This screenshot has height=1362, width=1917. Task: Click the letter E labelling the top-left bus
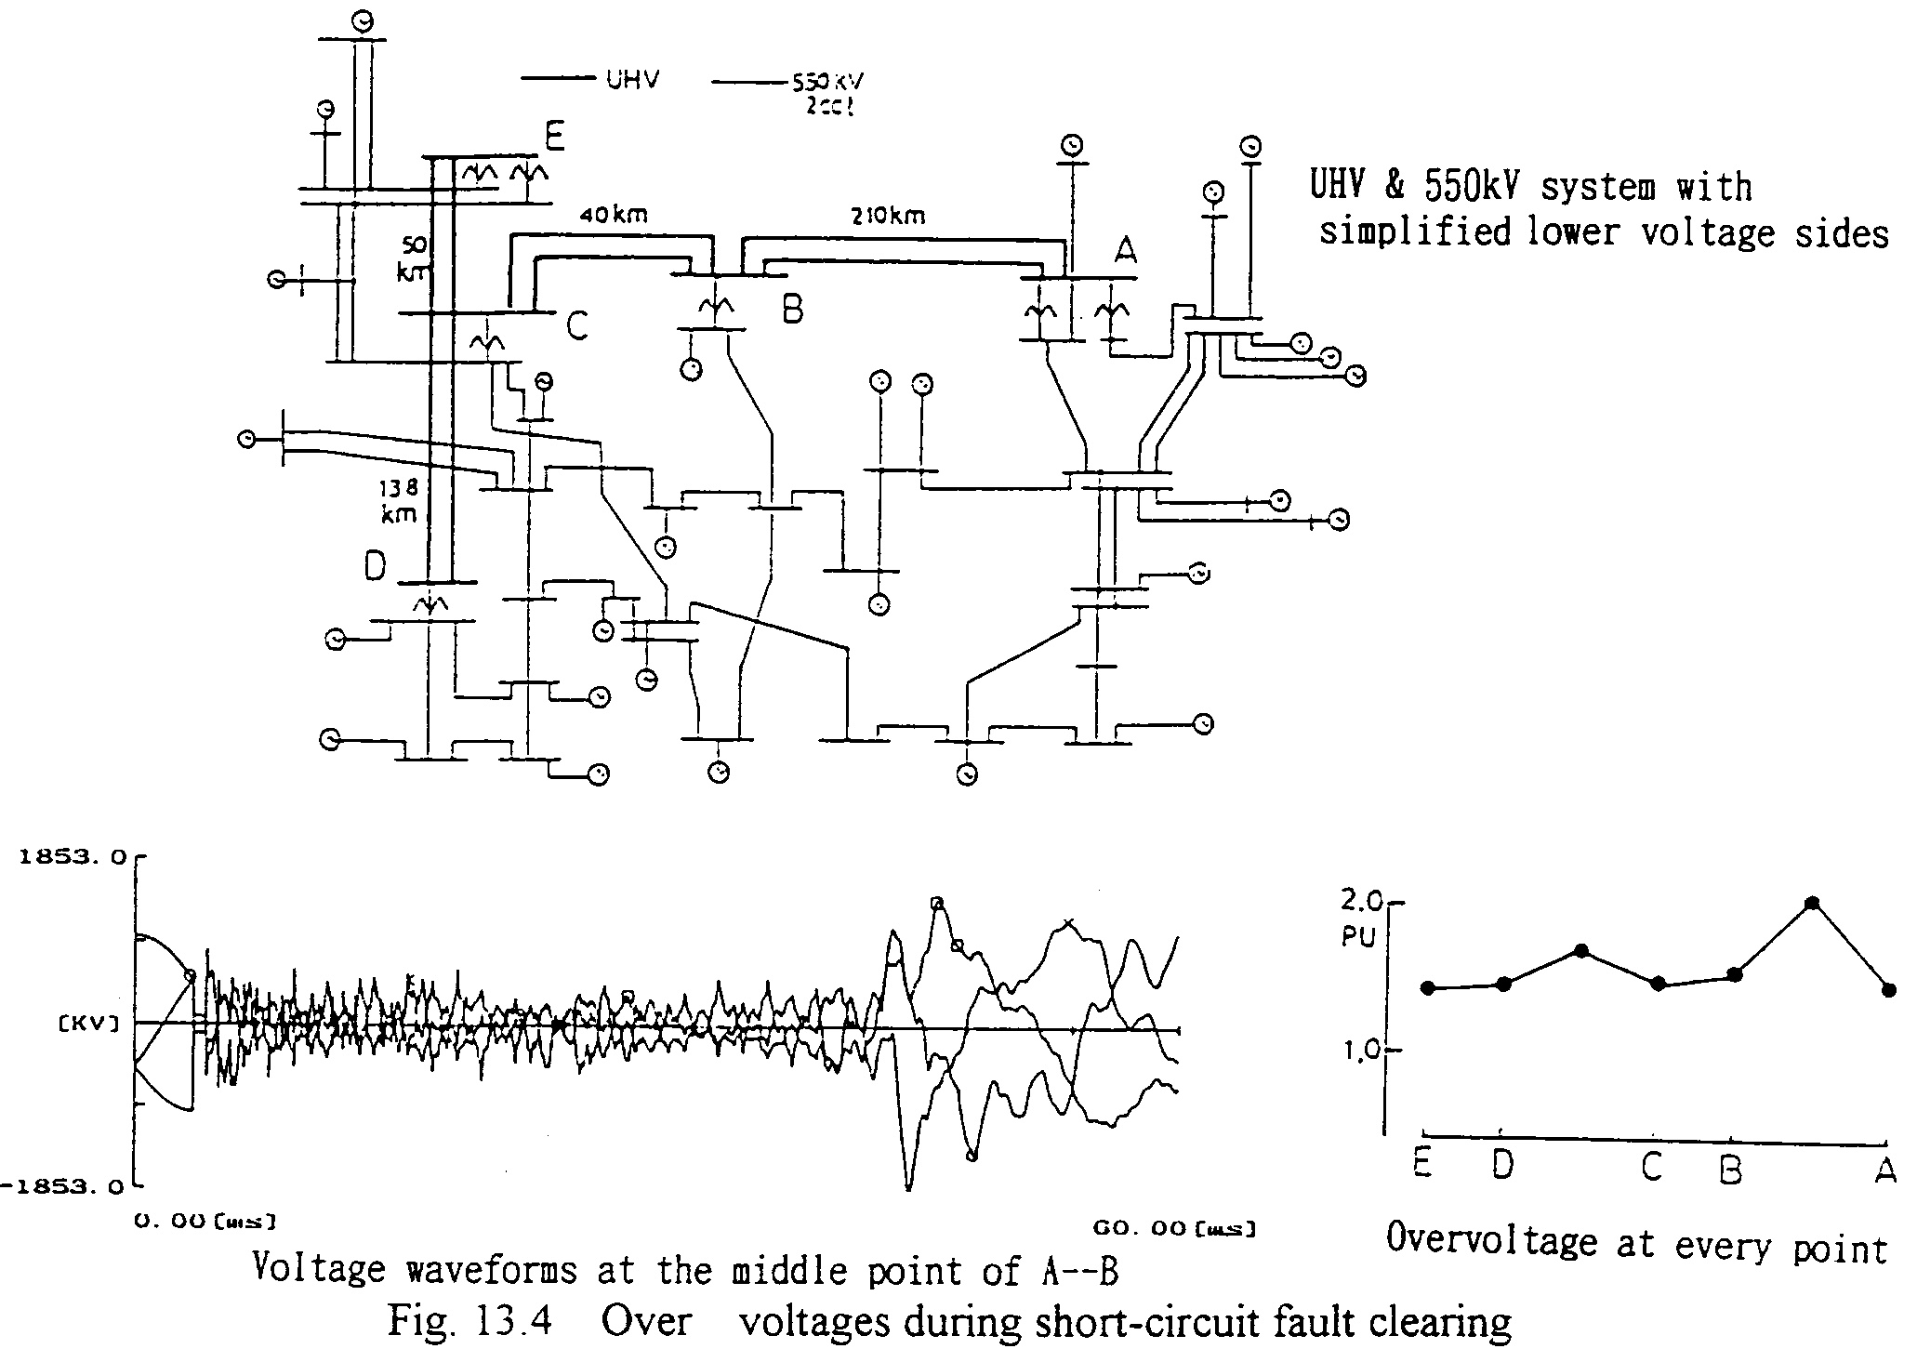[x=554, y=139]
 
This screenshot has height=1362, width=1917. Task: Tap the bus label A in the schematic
[x=1125, y=249]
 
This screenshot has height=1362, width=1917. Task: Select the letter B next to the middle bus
[x=792, y=307]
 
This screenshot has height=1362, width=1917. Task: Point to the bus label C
[x=576, y=325]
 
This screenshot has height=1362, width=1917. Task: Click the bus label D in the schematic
[x=375, y=565]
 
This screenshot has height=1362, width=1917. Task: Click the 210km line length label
[x=888, y=217]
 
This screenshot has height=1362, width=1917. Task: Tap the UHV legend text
[x=632, y=80]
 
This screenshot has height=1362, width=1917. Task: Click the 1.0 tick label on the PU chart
[x=1362, y=1051]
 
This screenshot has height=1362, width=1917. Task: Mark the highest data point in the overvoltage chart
[x=1811, y=903]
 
